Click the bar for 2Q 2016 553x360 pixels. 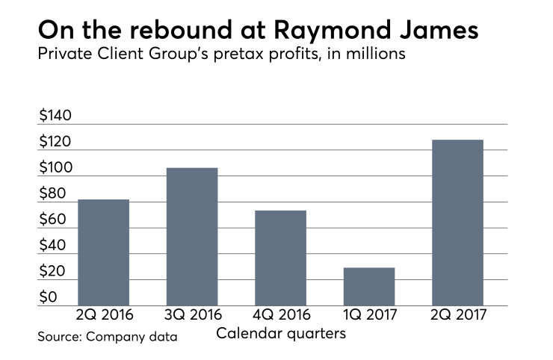103,252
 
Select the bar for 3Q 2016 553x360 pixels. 192,236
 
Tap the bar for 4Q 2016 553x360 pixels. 280,258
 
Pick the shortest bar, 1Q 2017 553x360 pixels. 369,286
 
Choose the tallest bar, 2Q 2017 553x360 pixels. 457,223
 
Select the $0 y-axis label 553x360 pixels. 49,298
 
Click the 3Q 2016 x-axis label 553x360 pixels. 192,316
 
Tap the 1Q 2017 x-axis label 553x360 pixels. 369,316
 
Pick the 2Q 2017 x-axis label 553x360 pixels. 457,316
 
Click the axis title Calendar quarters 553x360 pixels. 281,333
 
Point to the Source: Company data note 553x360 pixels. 108,337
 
